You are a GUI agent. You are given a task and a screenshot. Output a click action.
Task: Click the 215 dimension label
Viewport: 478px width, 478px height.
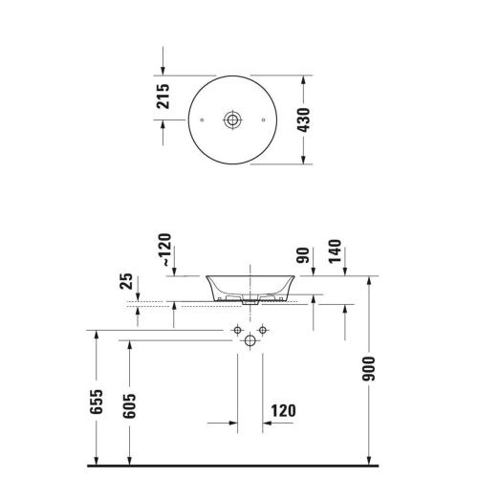point(163,97)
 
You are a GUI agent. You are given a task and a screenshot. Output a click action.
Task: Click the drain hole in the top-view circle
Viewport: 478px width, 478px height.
point(231,119)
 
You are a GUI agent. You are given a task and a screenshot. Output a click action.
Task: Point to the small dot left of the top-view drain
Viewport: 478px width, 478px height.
point(203,119)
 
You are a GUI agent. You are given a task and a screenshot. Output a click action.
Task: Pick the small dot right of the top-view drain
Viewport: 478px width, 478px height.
point(260,119)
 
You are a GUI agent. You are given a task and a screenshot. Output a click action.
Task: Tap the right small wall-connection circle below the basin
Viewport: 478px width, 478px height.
point(258,331)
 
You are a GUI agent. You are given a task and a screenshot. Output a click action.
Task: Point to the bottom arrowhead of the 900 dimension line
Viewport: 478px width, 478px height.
point(369,458)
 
